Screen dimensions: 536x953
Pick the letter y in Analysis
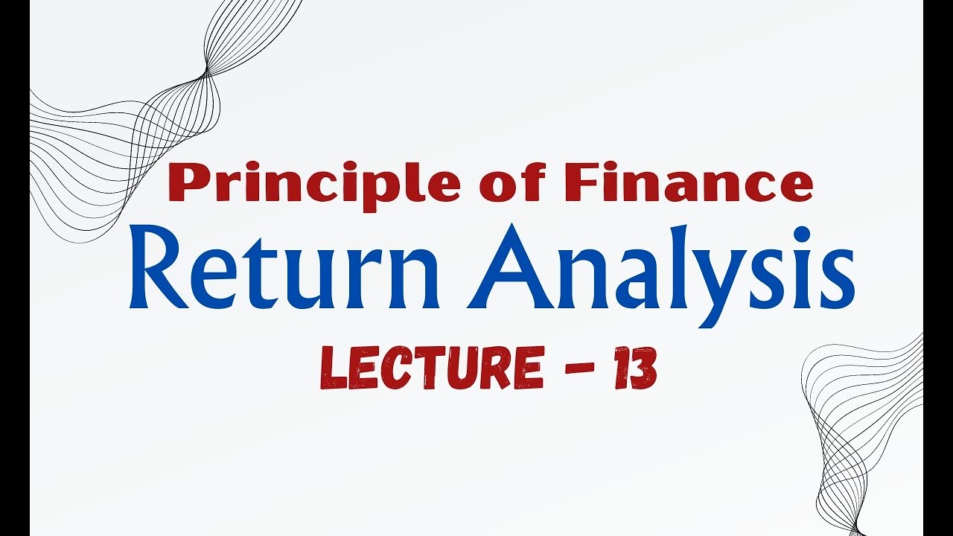[x=718, y=287]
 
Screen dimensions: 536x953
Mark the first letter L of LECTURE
[x=332, y=370]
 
